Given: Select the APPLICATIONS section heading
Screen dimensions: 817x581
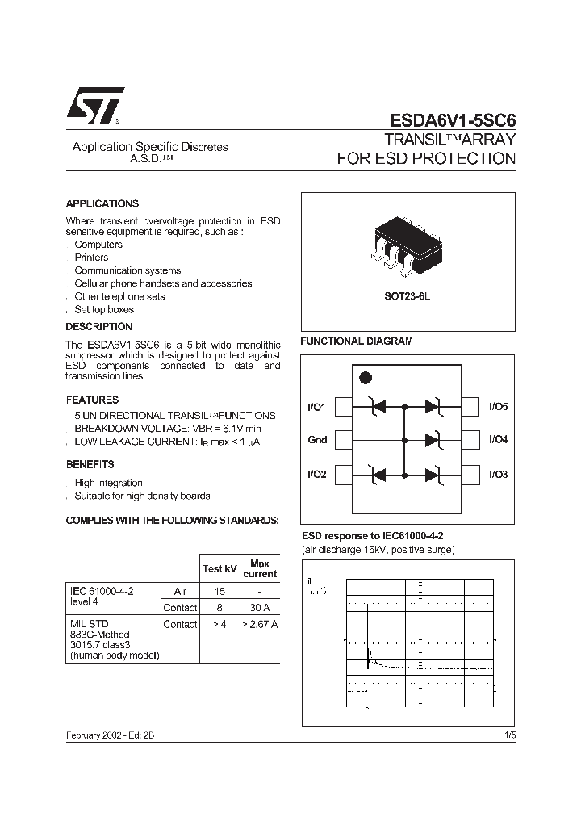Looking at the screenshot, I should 102,204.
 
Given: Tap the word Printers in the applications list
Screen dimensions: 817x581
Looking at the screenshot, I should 91,258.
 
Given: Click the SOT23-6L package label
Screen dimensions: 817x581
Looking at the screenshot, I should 408,296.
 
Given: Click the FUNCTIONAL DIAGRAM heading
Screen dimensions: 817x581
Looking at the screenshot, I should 357,341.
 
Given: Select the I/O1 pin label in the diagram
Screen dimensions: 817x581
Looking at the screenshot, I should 316,408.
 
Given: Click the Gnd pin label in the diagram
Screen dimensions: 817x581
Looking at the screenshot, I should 317,440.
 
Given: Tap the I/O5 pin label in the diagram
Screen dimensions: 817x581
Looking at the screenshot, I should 498,408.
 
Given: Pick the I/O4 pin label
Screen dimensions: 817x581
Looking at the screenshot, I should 498,440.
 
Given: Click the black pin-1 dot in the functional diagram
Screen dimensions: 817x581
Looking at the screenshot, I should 365,378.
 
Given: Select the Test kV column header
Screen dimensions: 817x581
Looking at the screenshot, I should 219,568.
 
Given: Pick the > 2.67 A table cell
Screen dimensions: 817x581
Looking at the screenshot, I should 259,624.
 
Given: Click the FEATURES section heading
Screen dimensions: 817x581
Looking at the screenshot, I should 92,400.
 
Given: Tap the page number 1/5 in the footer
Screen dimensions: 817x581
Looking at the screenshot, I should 509,735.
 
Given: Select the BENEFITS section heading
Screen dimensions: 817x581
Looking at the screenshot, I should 90,464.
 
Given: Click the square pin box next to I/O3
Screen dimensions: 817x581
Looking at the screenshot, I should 470,474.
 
